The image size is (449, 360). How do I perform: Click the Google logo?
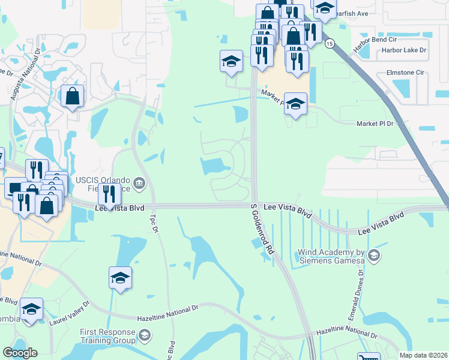click(x=20, y=353)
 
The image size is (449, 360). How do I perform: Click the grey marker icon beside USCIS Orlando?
click(x=140, y=183)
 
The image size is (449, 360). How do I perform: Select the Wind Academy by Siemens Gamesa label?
click(x=332, y=256)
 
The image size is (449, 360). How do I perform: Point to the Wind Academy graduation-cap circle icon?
click(x=374, y=256)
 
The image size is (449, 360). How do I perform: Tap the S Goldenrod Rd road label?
click(x=262, y=229)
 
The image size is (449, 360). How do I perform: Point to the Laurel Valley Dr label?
click(x=69, y=313)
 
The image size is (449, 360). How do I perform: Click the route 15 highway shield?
click(x=329, y=44)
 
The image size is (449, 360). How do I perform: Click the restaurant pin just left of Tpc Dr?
click(x=109, y=193)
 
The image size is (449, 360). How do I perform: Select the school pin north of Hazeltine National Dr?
click(x=120, y=278)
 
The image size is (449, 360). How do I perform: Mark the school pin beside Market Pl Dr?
click(x=295, y=103)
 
